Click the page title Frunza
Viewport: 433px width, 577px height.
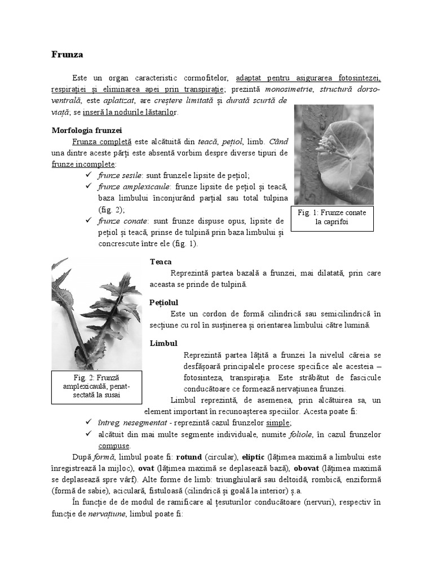[67, 55]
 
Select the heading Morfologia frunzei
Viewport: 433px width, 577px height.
[83, 130]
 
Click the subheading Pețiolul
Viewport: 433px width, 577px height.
[164, 303]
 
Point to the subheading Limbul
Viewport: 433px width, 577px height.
[164, 343]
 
